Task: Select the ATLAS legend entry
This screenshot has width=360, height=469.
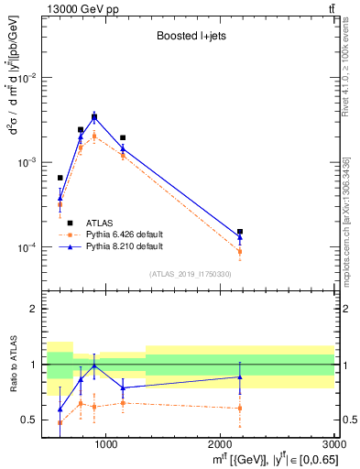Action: (x=100, y=223)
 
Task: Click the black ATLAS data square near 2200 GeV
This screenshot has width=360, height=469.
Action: (x=240, y=232)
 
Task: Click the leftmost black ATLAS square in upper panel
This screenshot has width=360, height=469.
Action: (x=60, y=178)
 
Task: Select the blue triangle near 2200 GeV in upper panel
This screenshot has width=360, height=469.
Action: (x=240, y=237)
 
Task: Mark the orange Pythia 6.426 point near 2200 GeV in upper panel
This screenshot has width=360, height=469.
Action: (x=240, y=251)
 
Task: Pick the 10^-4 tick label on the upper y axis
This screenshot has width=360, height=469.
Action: (x=27, y=247)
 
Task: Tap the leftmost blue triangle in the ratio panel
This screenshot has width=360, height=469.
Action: (x=60, y=409)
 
